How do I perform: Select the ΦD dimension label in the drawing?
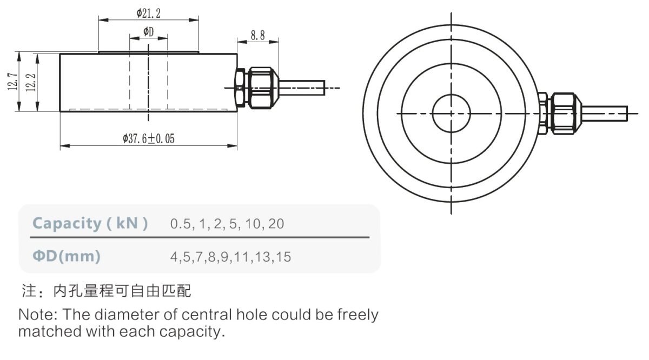[148, 32]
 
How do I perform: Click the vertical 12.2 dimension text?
[31, 82]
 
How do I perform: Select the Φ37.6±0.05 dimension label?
[149, 139]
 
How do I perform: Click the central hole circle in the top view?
[451, 113]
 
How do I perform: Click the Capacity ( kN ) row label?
[90, 223]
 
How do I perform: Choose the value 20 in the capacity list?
[275, 223]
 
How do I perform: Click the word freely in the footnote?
[357, 315]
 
